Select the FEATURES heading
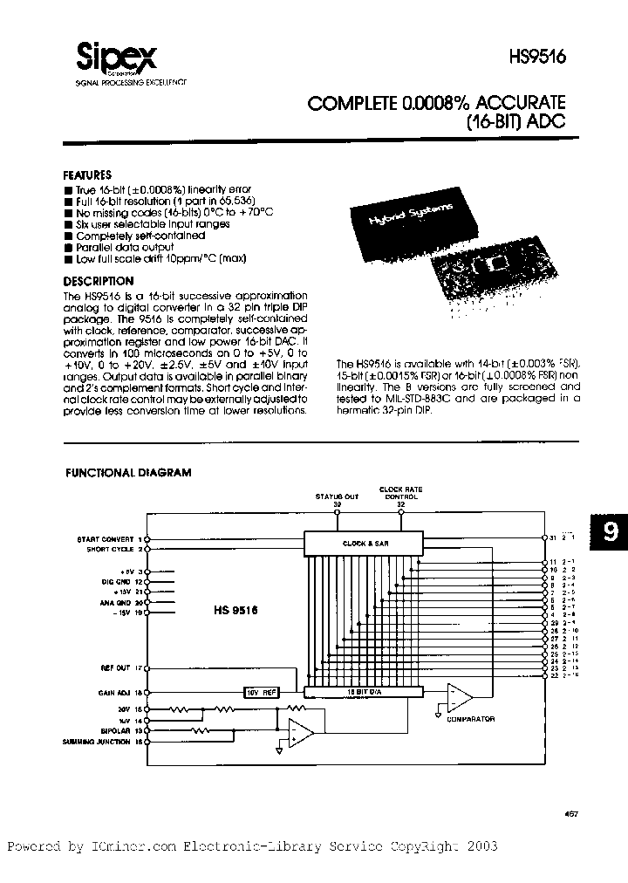point(88,175)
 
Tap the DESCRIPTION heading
point(99,281)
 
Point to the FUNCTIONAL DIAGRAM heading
point(128,472)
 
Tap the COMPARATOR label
point(470,719)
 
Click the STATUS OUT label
point(337,496)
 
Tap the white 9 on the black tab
point(608,533)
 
